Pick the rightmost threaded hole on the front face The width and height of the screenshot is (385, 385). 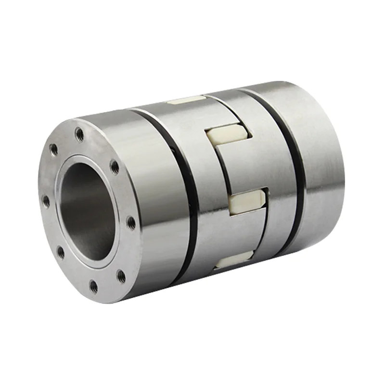130,221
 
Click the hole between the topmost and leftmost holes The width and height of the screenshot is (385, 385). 54,150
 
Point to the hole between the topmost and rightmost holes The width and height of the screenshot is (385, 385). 115,167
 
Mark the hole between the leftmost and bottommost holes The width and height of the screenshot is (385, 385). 61,252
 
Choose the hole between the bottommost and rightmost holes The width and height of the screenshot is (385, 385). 121,276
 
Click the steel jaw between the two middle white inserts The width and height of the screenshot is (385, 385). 241,168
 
